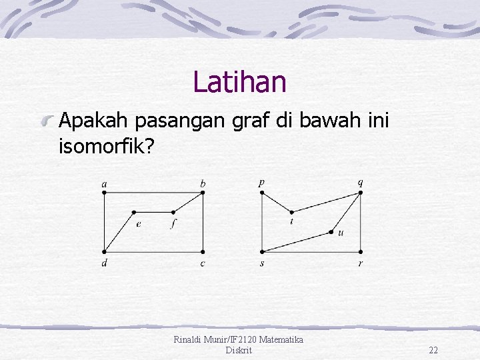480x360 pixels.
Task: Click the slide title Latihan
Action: pos(239,82)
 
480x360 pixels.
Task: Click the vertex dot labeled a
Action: pos(104,193)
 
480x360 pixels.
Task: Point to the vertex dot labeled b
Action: pos(202,193)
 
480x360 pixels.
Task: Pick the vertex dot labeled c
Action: pos(202,251)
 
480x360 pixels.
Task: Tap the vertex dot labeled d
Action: pos(104,251)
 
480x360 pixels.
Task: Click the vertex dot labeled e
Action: pos(134,213)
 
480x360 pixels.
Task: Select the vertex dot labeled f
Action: pos(173,213)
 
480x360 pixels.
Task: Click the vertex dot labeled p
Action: pos(261,193)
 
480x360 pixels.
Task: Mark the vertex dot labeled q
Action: pos(360,193)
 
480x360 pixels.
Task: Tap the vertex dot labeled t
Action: pos(291,210)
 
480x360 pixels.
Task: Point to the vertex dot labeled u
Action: pos(331,232)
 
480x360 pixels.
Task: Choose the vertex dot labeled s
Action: pos(261,251)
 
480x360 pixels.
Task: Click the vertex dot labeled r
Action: pos(360,251)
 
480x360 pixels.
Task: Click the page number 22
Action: pos(433,350)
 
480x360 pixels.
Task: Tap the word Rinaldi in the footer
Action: pos(190,340)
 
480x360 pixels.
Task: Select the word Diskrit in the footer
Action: pos(239,350)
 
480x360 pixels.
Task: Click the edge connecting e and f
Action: pos(153,213)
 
